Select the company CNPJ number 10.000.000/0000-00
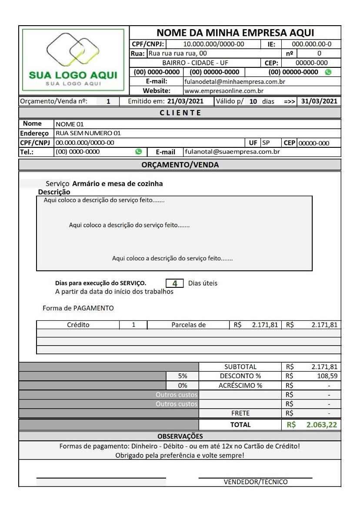tap(213, 44)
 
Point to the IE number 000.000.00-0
tap(311, 44)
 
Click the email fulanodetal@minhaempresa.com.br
tap(235, 81)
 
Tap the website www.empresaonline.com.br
tap(224, 91)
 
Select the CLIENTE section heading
tap(180, 113)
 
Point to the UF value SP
tap(266, 143)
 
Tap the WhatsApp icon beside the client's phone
tap(139, 152)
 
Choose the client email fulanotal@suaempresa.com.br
tap(233, 152)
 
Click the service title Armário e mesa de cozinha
tap(117, 183)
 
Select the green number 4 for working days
tap(175, 283)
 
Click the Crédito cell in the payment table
tap(78, 324)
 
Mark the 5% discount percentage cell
tap(183, 376)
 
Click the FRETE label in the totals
tap(240, 413)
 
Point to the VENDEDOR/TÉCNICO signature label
tap(256, 482)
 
